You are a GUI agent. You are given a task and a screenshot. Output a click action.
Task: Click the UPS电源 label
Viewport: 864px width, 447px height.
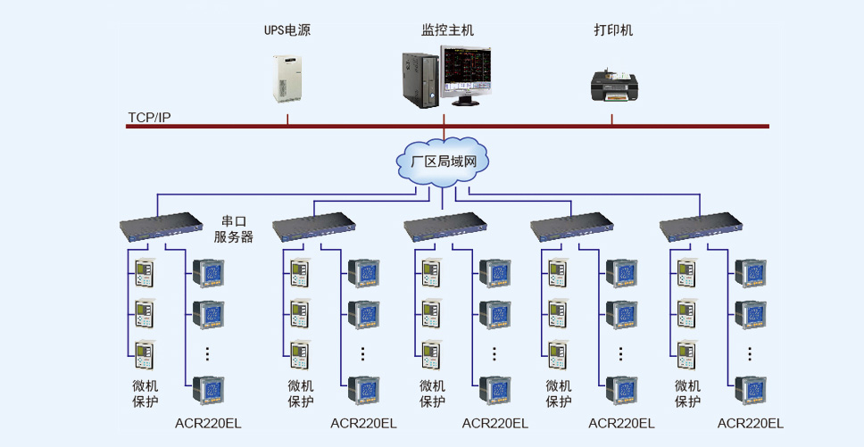[287, 29]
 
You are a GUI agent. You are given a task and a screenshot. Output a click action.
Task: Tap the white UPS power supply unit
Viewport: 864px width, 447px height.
[287, 79]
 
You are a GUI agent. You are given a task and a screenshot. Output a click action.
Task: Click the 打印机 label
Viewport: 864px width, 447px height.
[613, 29]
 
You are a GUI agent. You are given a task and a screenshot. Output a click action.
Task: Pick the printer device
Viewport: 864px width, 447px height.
[614, 86]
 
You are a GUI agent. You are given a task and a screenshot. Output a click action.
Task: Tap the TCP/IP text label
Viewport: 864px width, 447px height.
[149, 117]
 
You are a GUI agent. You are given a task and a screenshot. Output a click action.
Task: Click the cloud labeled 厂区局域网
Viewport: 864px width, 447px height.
[443, 161]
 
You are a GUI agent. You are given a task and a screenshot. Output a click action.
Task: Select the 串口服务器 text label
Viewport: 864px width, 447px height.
[234, 229]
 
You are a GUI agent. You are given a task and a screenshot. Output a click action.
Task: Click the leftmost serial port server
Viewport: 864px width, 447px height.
[162, 228]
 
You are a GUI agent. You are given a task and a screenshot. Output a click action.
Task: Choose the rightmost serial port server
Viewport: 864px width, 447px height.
[701, 228]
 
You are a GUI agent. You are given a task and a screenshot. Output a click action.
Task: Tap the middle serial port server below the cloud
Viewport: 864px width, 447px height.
[445, 228]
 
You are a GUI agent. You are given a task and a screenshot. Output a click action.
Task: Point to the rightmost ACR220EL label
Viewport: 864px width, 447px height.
[751, 423]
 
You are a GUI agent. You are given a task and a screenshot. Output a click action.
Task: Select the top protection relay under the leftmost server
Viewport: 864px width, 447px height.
[145, 272]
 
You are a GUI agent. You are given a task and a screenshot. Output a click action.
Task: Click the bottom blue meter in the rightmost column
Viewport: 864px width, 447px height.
[751, 390]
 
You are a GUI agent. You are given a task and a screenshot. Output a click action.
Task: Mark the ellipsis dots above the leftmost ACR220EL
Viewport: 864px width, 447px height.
[208, 353]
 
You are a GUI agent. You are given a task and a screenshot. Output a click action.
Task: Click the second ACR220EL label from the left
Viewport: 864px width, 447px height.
[363, 423]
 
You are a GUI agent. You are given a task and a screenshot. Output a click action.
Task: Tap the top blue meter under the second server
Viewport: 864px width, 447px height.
[363, 274]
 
